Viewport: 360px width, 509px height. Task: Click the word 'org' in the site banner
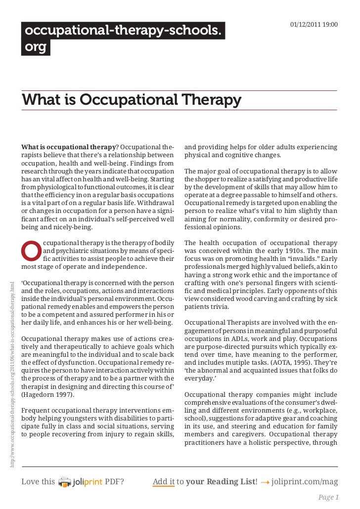pos(36,47)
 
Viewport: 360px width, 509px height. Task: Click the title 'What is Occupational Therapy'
pos(131,100)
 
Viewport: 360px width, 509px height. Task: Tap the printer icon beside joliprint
pos(64,481)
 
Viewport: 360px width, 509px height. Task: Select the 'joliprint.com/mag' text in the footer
pos(305,481)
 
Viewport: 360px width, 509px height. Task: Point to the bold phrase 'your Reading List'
pos(221,481)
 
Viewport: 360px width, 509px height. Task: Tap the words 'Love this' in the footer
pos(38,481)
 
